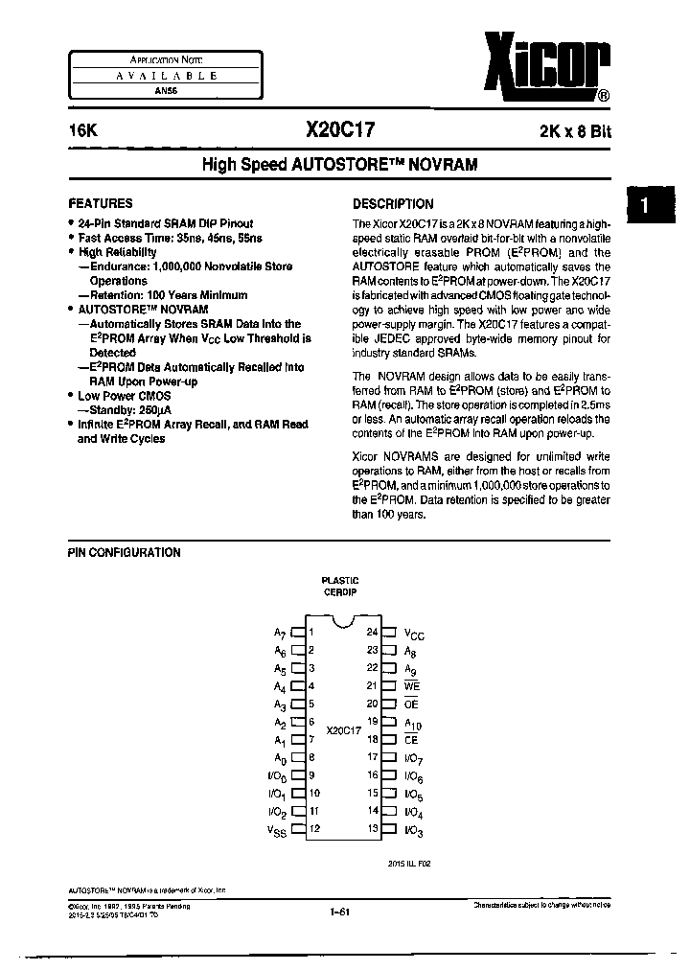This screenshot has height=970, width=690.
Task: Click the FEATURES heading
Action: tap(101, 203)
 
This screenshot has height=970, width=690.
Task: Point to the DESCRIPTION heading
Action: tap(393, 203)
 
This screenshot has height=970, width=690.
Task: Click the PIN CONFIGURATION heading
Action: tap(124, 552)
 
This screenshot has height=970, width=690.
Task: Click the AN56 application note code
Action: tap(161, 90)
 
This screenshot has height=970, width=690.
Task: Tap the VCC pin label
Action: tap(414, 634)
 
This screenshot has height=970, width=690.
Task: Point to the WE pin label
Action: tap(413, 686)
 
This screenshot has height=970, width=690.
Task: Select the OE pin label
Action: tap(413, 704)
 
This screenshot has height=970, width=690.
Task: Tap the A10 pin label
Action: tap(413, 722)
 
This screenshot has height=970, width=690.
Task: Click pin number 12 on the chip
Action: tap(313, 828)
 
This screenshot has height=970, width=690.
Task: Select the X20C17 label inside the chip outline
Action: tap(342, 729)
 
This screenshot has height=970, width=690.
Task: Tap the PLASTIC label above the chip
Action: tap(340, 580)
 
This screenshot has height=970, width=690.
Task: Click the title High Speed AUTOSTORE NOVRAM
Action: tap(339, 164)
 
